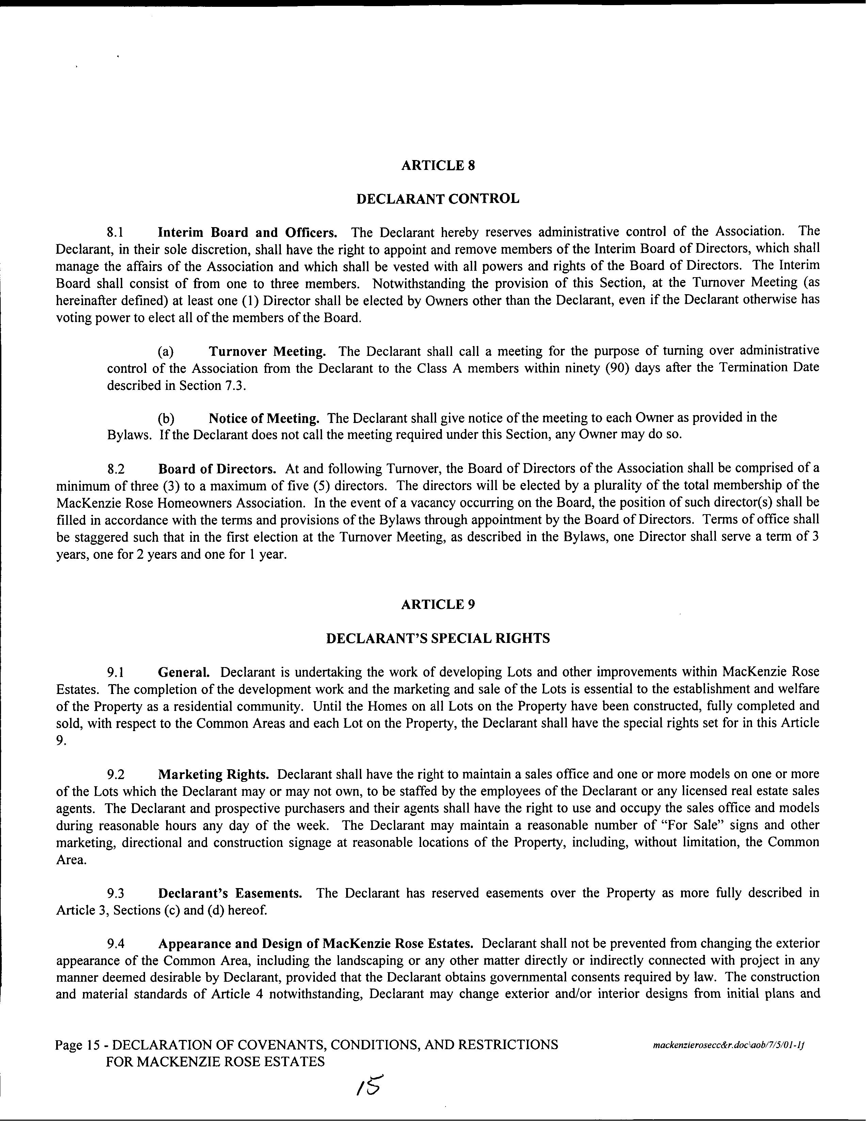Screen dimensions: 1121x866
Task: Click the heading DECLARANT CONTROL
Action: coord(438,199)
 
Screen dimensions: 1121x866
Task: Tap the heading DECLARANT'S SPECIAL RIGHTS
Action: coord(438,638)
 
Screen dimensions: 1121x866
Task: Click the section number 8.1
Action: coord(115,233)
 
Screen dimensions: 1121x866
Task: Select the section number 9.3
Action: coord(116,893)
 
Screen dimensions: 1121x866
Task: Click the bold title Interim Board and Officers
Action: coord(247,233)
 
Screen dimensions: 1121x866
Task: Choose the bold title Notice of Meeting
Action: coord(264,418)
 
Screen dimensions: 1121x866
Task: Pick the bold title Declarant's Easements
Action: coord(229,893)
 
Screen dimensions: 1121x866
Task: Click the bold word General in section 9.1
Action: coord(183,672)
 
